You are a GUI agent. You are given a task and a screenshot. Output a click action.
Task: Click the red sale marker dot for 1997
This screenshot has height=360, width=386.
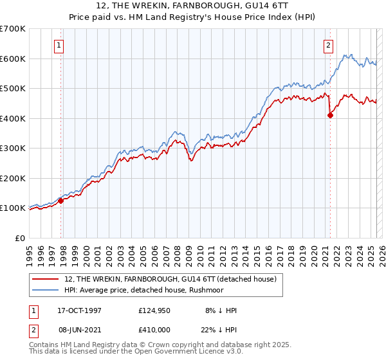61,201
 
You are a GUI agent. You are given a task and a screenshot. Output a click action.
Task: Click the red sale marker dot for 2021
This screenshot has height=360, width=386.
330,116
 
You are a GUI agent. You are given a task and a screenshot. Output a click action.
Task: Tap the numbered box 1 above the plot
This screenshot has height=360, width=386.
59,45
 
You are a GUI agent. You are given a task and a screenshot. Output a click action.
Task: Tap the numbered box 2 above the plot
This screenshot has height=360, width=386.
328,45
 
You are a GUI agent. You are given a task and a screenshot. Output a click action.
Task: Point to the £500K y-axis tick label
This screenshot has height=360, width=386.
12,89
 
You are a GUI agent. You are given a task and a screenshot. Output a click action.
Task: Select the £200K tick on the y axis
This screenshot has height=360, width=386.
12,178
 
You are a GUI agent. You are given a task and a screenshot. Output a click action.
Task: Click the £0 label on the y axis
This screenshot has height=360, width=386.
20,238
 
